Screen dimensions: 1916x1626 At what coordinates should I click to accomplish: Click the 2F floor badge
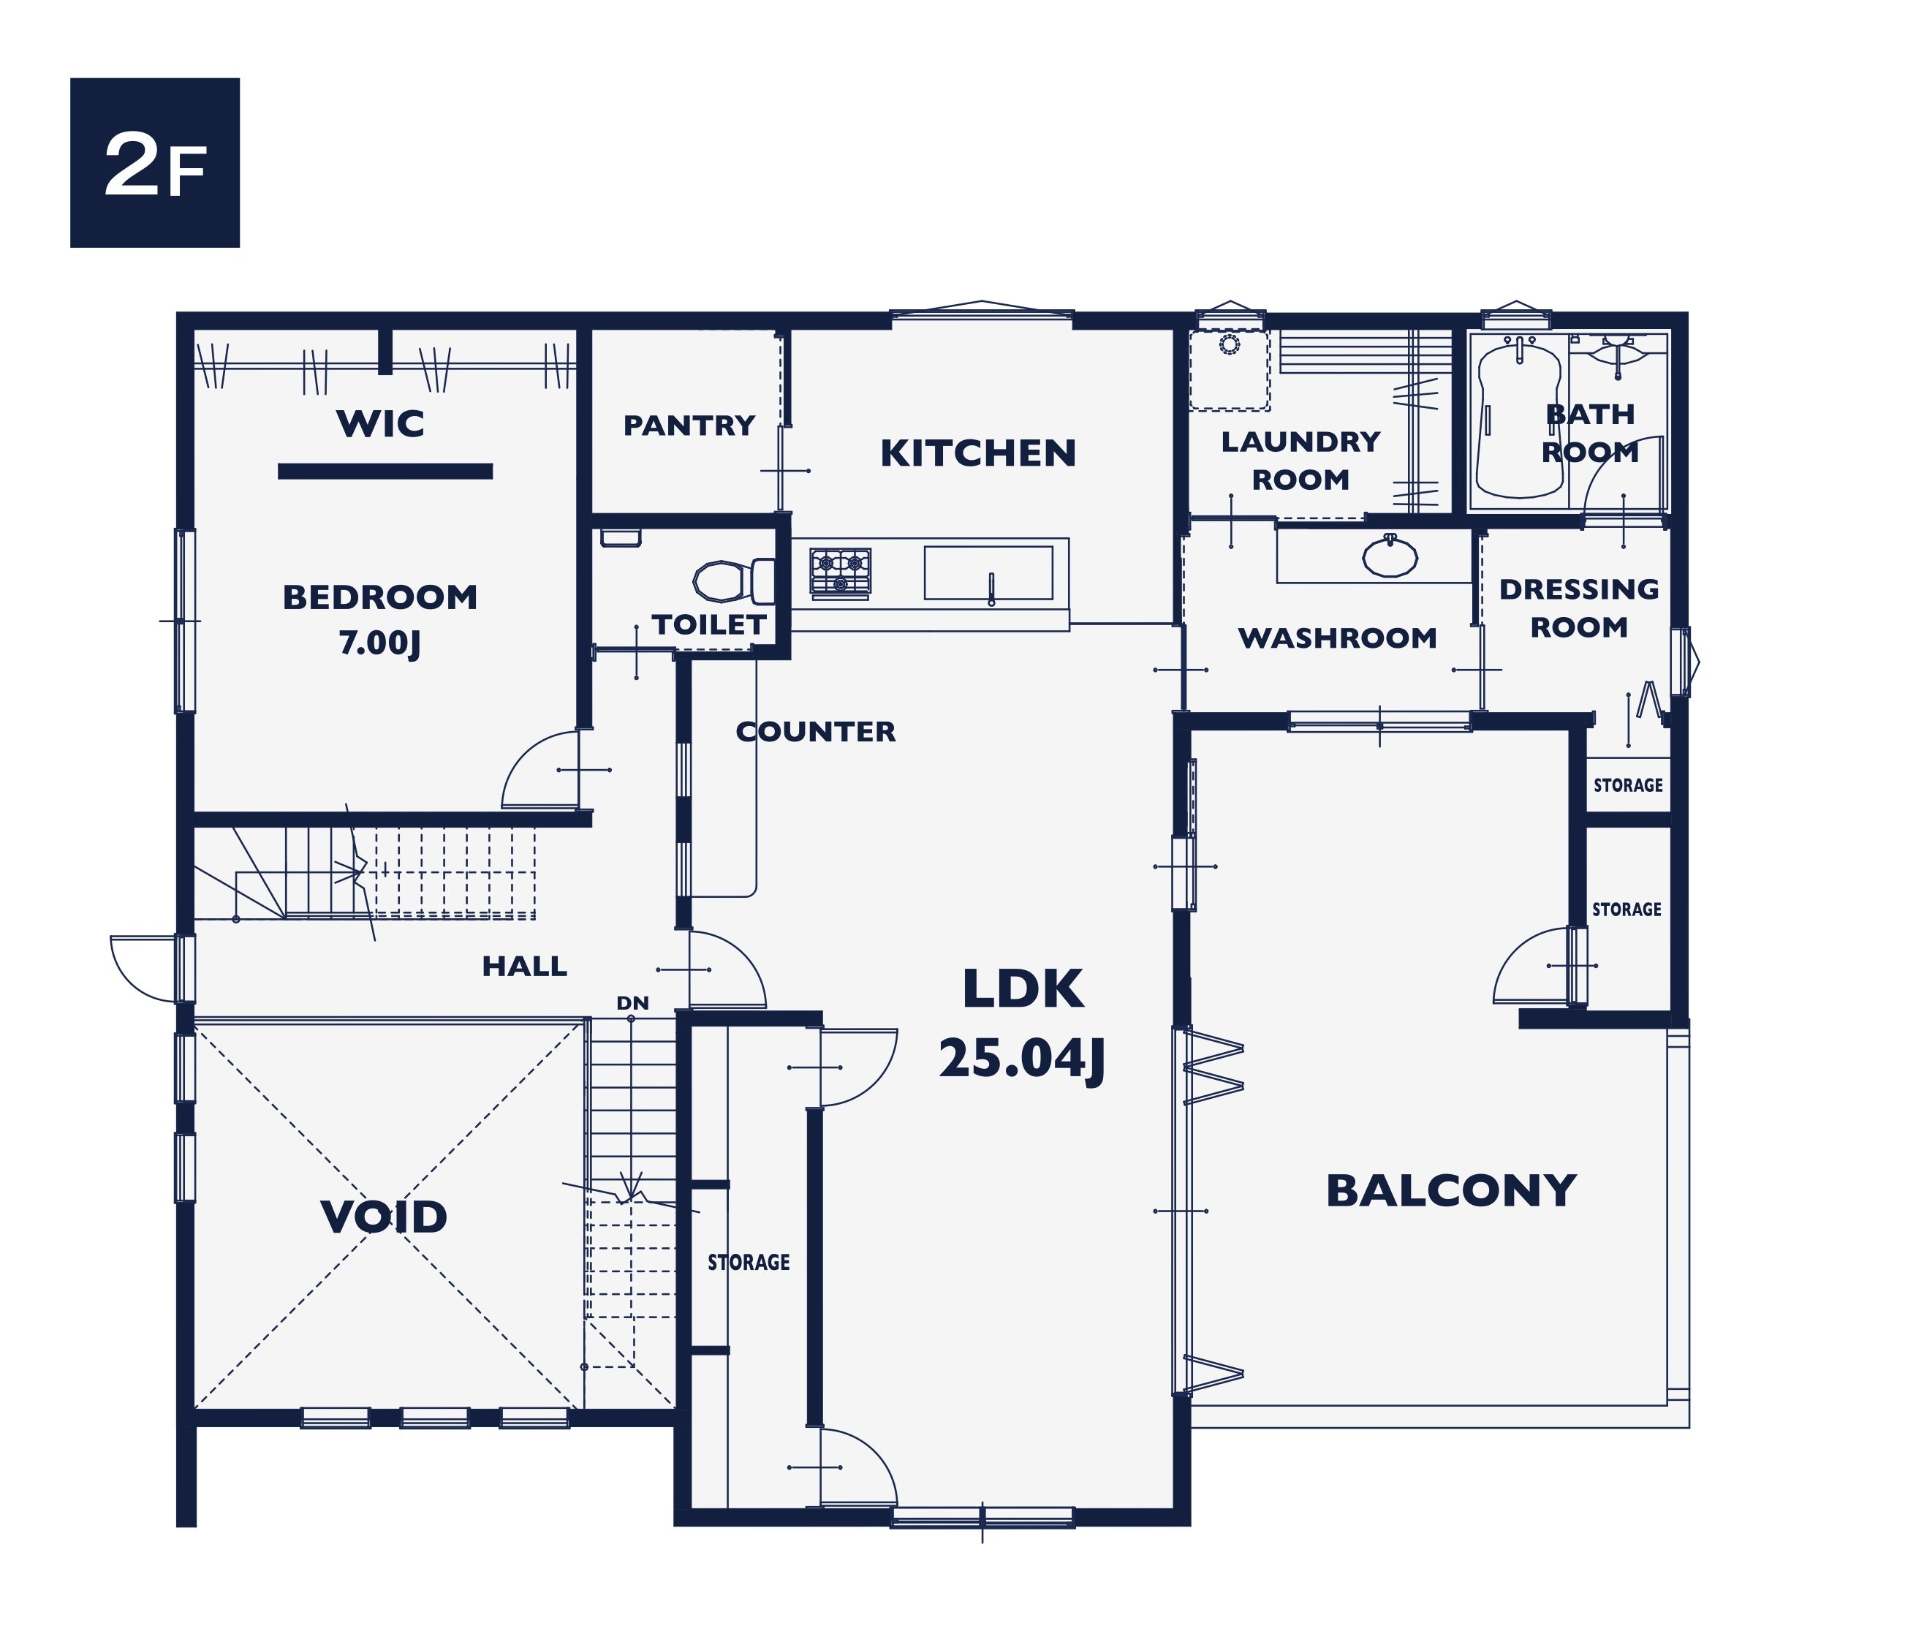click(x=155, y=162)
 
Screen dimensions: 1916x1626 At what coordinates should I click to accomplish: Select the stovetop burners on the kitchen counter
click(x=839, y=572)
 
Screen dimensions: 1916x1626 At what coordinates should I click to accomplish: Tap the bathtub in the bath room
click(x=1519, y=420)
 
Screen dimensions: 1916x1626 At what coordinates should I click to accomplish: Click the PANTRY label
click(x=689, y=425)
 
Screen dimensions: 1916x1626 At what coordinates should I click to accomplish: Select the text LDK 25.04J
click(x=1022, y=1023)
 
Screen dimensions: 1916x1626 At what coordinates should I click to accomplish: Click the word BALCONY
click(x=1452, y=1190)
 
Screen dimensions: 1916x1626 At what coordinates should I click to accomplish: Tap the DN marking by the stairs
click(x=632, y=1003)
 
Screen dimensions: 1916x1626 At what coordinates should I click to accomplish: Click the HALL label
click(x=524, y=966)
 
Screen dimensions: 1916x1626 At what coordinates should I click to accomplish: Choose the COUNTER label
click(x=816, y=731)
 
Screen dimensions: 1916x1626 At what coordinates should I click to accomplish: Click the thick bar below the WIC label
click(x=385, y=471)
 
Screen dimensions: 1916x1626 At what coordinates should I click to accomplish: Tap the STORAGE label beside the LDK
click(x=749, y=1262)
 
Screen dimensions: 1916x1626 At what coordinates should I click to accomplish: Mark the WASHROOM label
click(x=1337, y=638)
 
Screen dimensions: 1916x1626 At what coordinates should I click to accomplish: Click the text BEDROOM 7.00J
click(x=379, y=620)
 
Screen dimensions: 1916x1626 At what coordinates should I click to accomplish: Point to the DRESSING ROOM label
click(x=1579, y=608)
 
